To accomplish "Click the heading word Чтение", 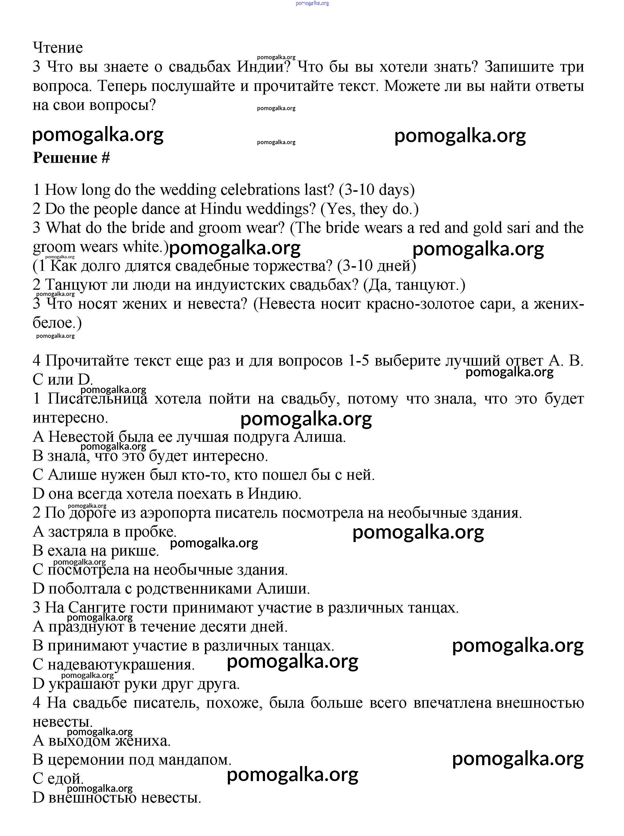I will coord(58,48).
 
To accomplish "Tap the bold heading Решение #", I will coord(71,157).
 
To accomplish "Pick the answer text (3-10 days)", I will coord(377,190).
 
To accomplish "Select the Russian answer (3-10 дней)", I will coord(377,266).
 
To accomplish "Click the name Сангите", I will coord(96,607).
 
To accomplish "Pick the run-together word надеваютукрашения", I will coord(121,664).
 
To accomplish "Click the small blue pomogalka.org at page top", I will coord(312,3).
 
